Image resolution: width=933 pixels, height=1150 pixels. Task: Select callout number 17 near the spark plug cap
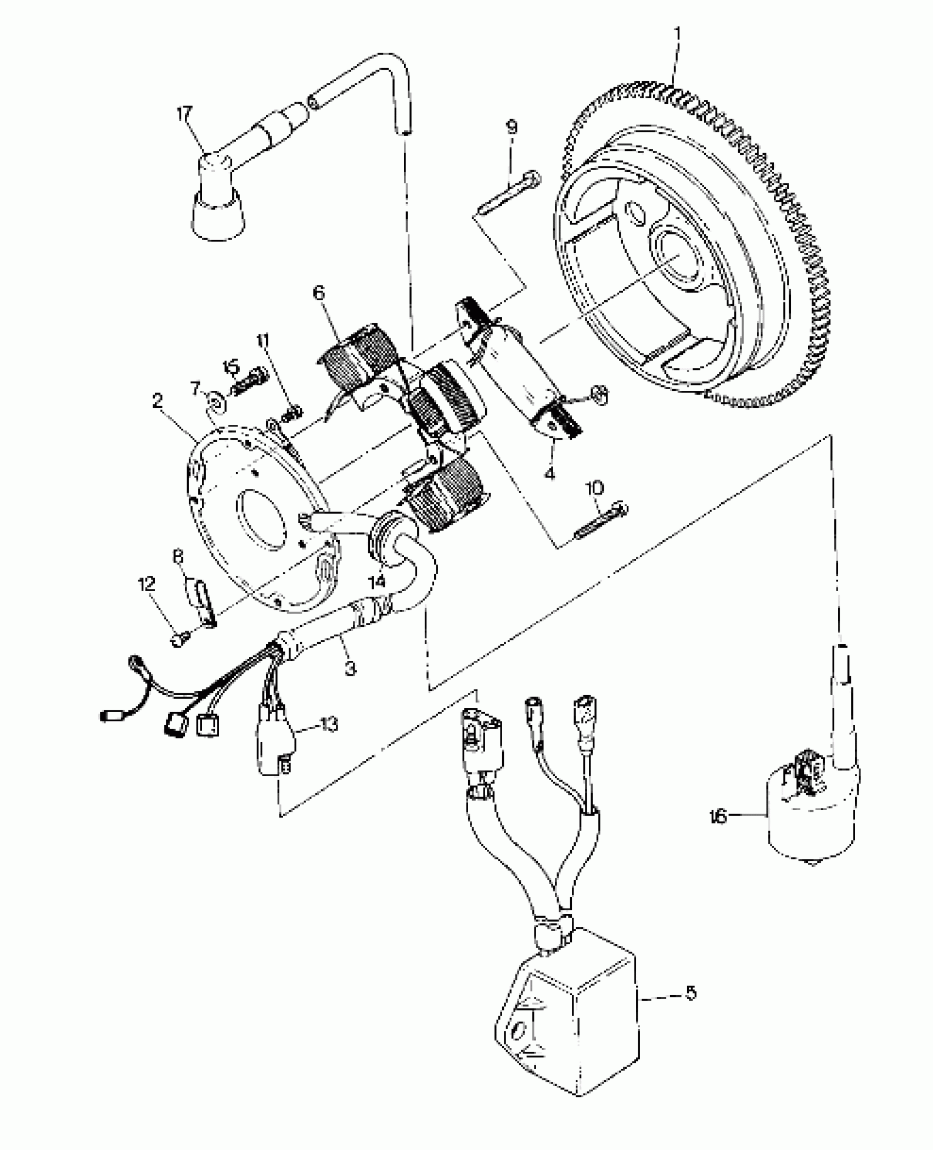[184, 115]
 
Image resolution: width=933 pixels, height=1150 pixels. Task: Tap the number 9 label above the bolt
[511, 127]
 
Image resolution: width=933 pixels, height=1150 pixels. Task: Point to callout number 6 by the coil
[319, 293]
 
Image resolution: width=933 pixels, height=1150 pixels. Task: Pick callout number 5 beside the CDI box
[690, 992]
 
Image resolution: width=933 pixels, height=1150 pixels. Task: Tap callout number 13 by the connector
[328, 725]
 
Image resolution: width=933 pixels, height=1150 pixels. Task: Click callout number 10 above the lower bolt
[595, 487]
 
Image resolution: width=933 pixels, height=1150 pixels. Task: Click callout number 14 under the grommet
[377, 581]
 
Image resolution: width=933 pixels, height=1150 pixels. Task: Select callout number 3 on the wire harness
[350, 668]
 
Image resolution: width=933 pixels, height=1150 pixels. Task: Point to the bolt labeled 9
[508, 195]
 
